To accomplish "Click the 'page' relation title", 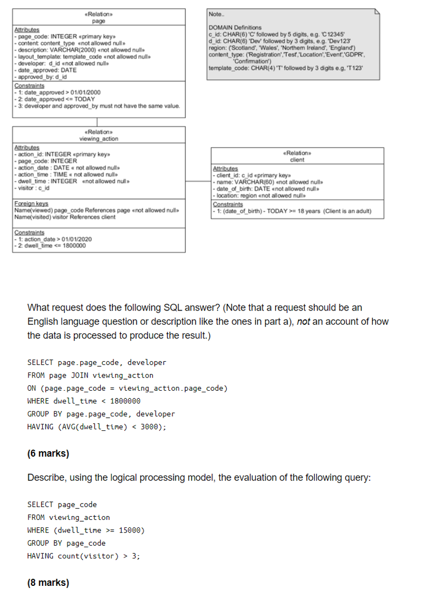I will [x=99, y=21].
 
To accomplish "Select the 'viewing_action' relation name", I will [x=99, y=139].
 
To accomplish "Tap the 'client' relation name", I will [x=297, y=160].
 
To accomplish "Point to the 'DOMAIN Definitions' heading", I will [x=235, y=27].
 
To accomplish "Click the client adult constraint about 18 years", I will [x=293, y=211].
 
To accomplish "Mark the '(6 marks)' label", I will [x=48, y=453].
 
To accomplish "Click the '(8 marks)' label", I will [x=48, y=582].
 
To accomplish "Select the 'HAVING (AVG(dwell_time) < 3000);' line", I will [x=96, y=427].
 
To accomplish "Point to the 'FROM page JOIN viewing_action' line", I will [x=90, y=375].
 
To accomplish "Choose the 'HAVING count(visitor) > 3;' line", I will [x=83, y=556].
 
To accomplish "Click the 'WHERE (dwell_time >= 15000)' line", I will [x=86, y=530].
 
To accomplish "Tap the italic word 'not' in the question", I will [x=303, y=322].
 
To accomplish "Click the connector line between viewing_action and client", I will [x=198, y=181].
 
